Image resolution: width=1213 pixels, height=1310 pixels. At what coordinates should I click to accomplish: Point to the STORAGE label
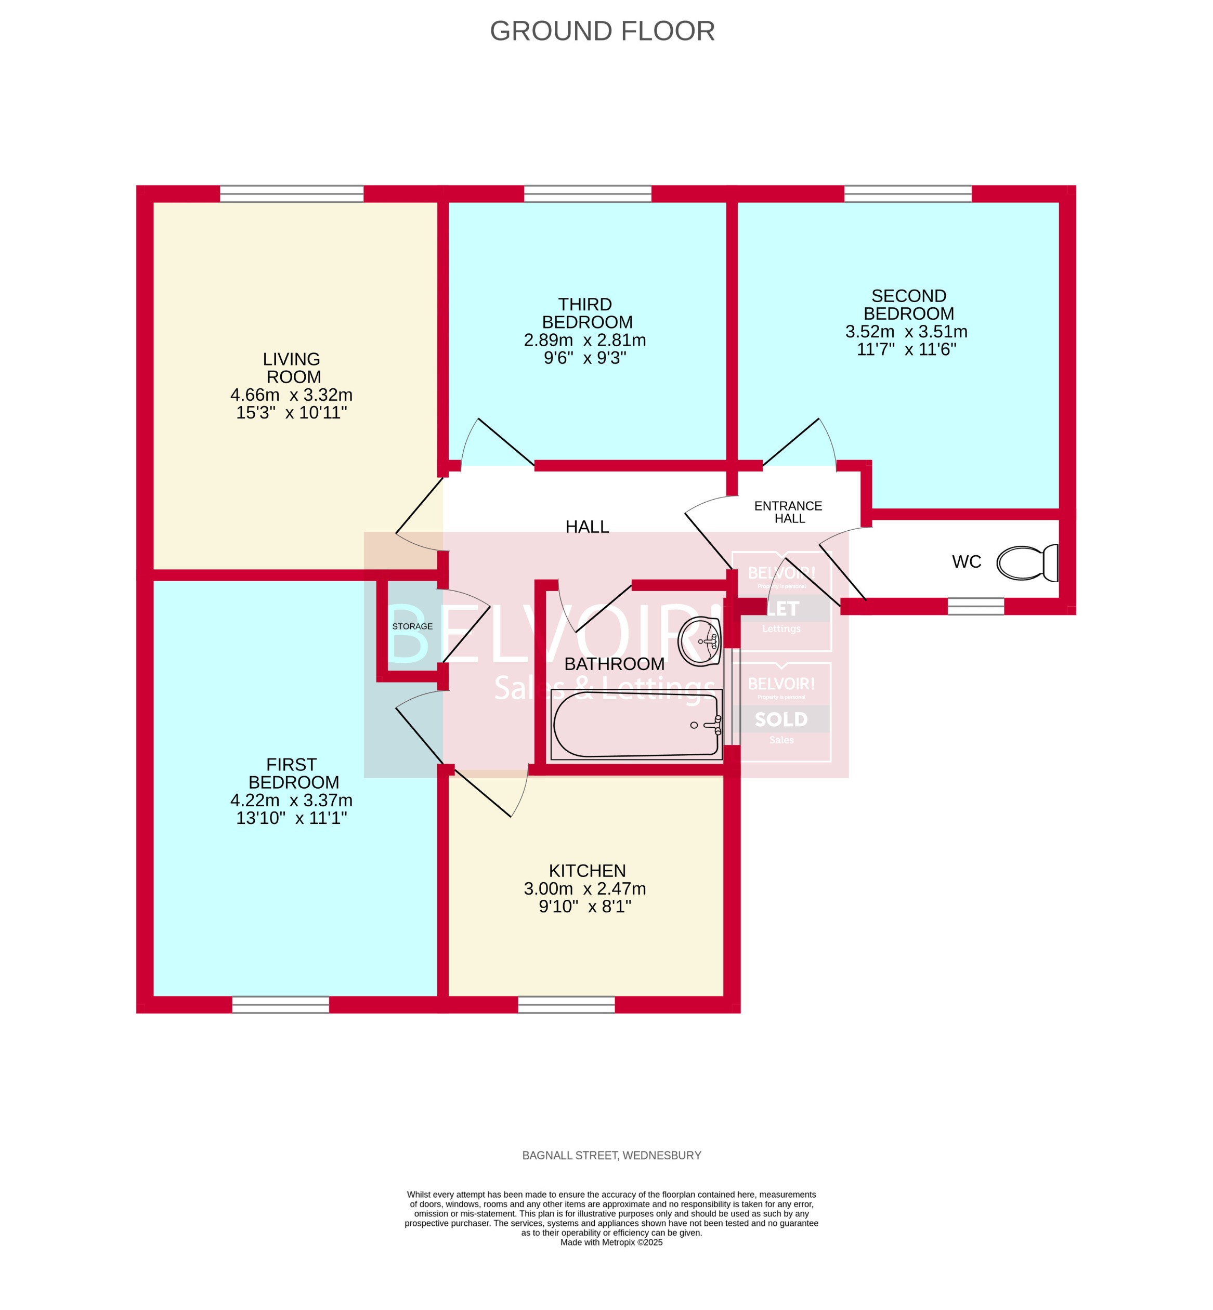point(412,626)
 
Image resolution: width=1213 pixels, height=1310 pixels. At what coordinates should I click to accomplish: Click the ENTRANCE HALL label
point(788,512)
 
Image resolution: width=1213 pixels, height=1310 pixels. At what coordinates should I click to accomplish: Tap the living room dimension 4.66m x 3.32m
point(292,395)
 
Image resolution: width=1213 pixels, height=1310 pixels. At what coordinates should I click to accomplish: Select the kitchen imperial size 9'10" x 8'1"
point(585,907)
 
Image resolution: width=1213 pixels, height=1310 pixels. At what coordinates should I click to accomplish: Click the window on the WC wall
point(975,607)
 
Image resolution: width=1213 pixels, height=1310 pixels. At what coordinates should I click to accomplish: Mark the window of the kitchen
point(566,1004)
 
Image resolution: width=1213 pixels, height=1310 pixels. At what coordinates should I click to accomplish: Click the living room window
point(292,193)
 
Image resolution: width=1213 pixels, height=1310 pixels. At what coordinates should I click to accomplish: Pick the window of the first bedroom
point(280,1004)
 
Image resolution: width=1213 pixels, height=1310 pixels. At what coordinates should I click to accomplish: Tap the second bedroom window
point(907,193)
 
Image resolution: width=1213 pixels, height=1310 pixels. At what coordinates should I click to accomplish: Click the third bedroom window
point(588,193)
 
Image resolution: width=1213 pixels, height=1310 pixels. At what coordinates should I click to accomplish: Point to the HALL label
point(587,527)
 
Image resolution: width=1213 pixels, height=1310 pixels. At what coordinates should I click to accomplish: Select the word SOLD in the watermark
point(781,719)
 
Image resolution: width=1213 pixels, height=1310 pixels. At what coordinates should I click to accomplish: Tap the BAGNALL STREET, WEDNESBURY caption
point(611,1155)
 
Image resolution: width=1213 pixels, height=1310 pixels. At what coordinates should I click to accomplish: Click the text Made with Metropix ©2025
point(611,1242)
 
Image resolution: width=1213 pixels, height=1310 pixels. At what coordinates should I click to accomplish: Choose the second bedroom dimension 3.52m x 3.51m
point(906,332)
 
